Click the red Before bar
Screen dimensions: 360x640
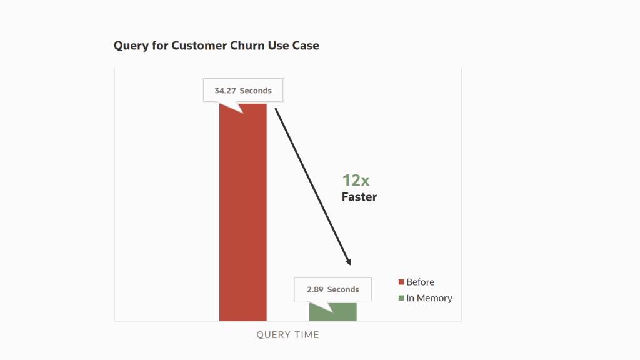[x=242, y=212]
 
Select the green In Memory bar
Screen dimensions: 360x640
[x=332, y=312]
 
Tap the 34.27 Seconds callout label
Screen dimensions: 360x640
[x=242, y=91]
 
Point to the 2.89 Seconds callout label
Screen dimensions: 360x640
[x=332, y=289]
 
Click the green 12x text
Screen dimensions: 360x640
[x=356, y=180]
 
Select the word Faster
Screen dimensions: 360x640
[x=359, y=197]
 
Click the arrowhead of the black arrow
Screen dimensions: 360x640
[x=349, y=262]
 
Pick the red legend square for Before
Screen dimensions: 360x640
[x=401, y=282]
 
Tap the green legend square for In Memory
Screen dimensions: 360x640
[x=401, y=298]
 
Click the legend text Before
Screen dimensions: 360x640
[x=420, y=282]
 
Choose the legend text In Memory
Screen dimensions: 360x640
[x=429, y=298]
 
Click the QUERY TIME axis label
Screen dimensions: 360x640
[x=287, y=335]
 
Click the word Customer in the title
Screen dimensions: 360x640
[x=194, y=46]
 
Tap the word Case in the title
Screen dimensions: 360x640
[x=306, y=46]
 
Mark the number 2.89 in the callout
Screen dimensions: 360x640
[x=315, y=289]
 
